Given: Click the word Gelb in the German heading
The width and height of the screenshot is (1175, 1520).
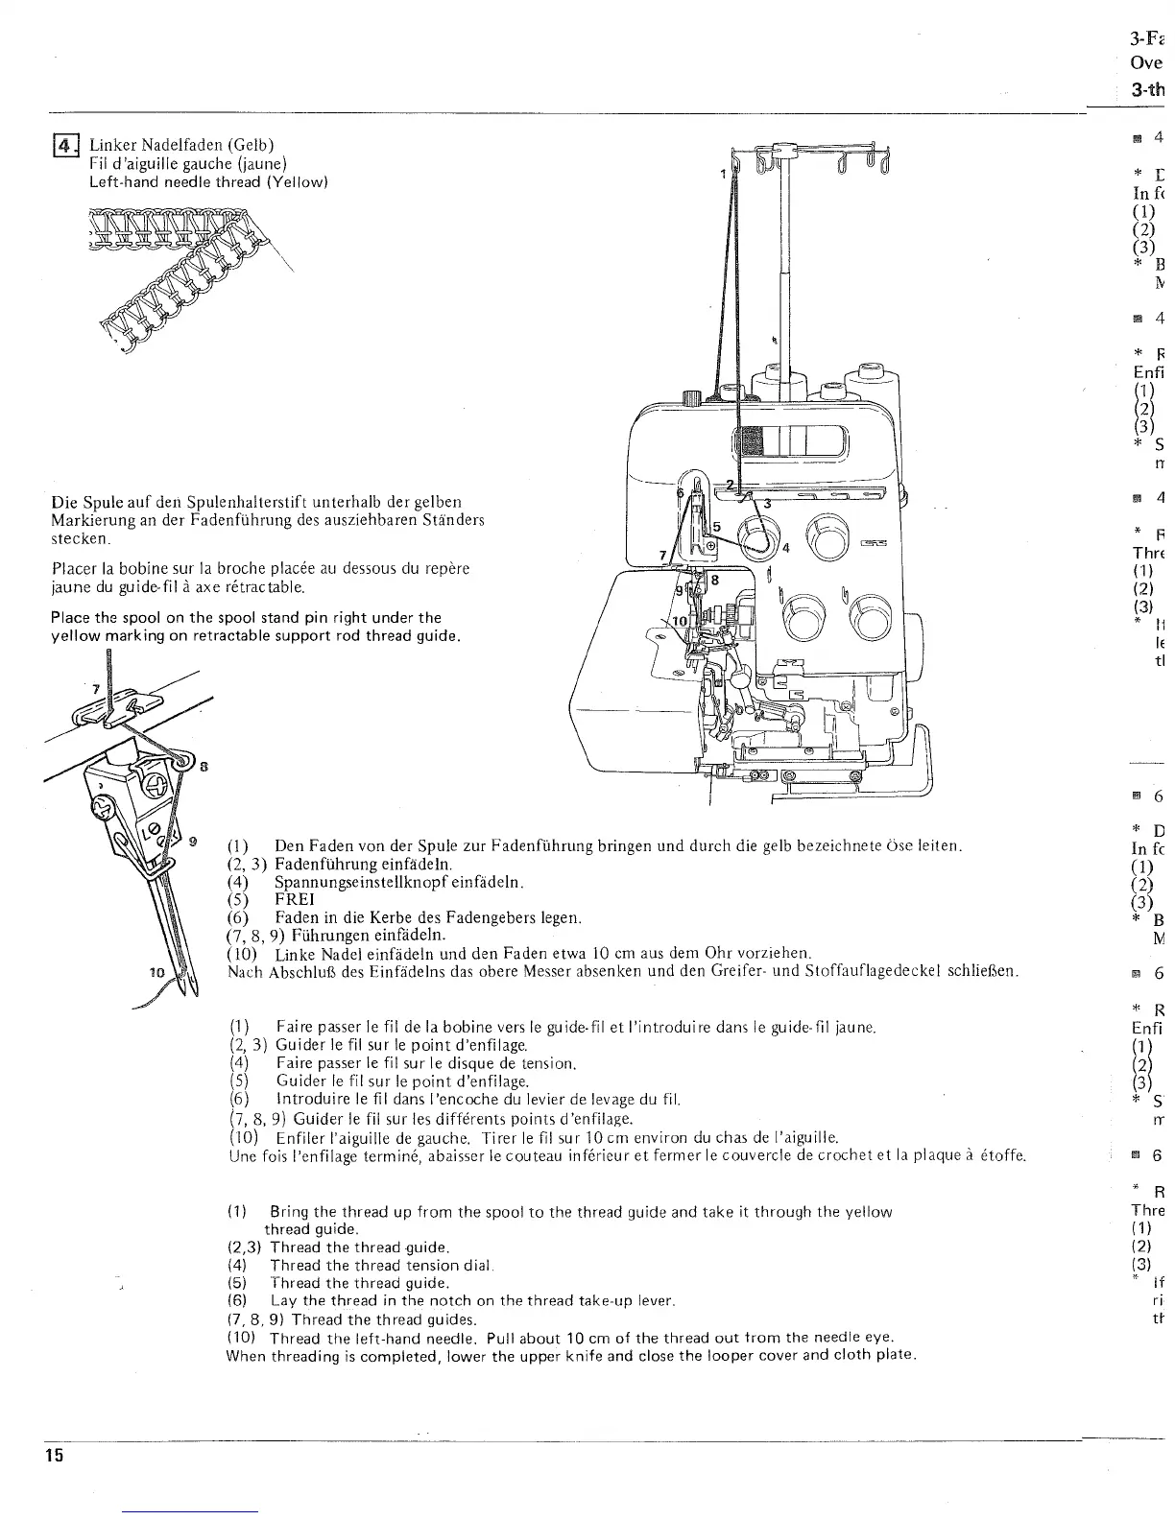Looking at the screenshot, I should coord(252,145).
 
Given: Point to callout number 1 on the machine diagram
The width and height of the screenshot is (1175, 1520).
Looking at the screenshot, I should coord(723,175).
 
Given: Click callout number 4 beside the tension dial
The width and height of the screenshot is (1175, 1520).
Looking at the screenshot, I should coord(785,549).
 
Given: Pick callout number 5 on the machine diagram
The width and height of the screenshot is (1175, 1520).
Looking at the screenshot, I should coord(715,526).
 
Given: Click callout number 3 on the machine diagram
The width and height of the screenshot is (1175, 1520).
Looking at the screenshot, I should coord(766,503).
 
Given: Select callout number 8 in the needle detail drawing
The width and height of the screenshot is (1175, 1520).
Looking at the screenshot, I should coord(204,767).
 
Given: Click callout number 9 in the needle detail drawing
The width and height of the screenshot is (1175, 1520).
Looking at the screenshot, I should coord(194,842).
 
